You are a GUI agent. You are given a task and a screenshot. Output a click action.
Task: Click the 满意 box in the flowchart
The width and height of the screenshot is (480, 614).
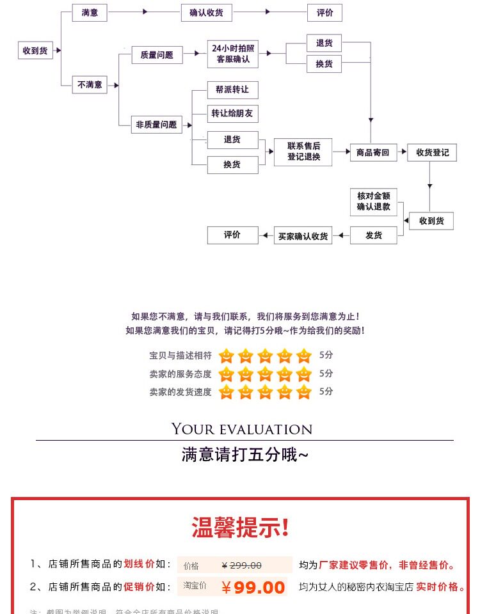(x=90, y=12)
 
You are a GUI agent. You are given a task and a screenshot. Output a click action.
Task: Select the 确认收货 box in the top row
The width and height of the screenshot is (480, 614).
(x=206, y=12)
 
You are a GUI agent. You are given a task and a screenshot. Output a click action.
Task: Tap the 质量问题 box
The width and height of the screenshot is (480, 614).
(x=156, y=55)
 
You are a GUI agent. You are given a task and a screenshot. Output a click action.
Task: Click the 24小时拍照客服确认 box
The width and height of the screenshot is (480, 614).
(x=232, y=54)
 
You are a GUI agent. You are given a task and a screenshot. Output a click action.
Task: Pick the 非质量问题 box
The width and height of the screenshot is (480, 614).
(x=156, y=125)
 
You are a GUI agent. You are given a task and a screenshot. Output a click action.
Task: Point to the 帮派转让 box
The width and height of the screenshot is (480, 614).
(x=232, y=90)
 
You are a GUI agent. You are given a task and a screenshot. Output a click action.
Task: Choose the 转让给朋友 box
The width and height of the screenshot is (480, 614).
(x=232, y=114)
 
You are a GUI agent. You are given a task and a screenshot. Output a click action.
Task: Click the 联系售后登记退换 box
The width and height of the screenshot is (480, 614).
(x=303, y=152)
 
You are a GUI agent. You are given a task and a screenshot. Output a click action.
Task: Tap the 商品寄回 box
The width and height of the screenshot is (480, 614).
(x=372, y=152)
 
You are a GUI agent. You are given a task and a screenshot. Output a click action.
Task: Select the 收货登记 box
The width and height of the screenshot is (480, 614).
(x=433, y=152)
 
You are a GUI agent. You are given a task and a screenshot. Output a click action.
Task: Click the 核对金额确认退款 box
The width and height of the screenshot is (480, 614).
(x=373, y=202)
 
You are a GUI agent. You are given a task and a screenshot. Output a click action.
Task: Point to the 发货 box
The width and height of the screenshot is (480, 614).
(x=373, y=235)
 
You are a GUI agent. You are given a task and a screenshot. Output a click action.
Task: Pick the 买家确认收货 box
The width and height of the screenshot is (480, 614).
(x=303, y=235)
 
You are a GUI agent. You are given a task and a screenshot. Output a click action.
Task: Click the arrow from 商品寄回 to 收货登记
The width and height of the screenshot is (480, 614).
(x=402, y=152)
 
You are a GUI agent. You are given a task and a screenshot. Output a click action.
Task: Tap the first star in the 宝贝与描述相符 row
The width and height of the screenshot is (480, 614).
(x=226, y=356)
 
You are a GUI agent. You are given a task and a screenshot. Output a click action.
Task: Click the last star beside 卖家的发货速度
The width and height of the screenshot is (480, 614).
(x=304, y=391)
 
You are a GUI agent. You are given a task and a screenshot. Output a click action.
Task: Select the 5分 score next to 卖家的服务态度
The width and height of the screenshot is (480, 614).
(x=326, y=374)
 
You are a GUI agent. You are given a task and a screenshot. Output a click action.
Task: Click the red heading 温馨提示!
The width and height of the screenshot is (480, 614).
(x=240, y=528)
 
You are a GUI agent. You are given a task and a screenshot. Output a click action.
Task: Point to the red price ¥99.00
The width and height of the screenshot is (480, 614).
(x=253, y=587)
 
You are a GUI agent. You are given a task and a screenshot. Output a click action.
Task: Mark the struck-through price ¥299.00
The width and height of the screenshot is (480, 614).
(x=241, y=565)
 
